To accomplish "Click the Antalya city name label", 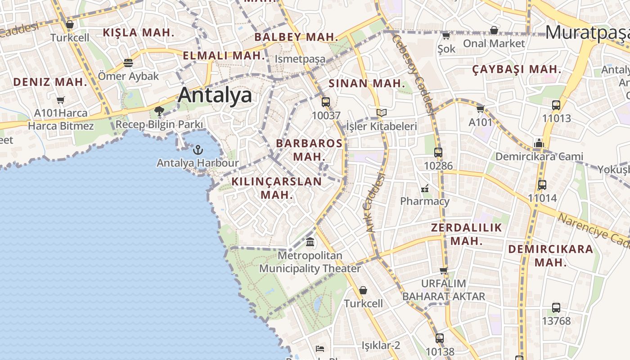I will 215,95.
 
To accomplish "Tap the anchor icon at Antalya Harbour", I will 198,150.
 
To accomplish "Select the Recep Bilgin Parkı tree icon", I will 158,111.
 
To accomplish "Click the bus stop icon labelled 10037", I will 326,102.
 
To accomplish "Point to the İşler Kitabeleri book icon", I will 382,112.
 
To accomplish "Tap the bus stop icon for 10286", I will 438,153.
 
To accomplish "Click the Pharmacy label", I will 425,201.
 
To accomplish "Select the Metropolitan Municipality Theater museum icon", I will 310,242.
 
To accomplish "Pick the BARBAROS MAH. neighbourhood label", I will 309,150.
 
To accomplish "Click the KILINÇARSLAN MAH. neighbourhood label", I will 277,188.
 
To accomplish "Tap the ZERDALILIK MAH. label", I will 466,234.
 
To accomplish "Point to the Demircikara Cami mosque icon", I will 539,143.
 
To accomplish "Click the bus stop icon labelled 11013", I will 556,105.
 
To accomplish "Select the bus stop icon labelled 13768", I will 556,308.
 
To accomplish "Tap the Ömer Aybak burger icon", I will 128,63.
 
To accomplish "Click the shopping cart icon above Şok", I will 446,36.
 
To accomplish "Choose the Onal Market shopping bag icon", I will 494,30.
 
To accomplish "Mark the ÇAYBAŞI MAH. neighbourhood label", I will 517,69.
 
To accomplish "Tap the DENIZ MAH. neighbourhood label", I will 50,82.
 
